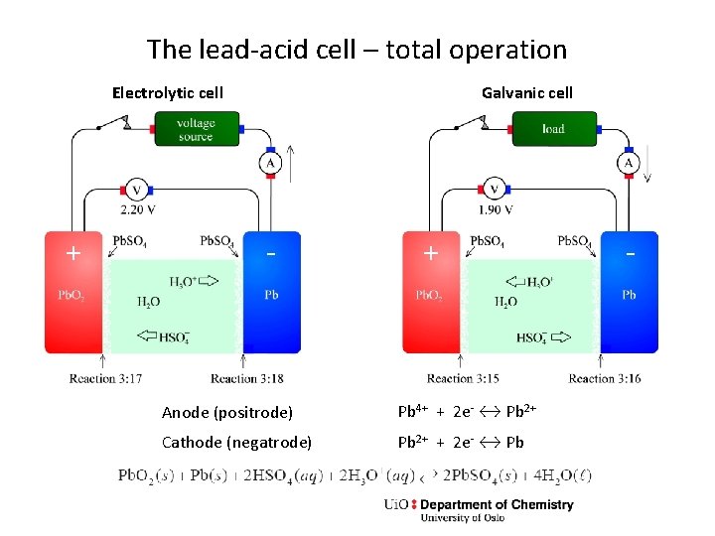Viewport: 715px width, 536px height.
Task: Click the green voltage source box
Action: click(197, 129)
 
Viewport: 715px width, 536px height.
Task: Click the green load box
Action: click(553, 129)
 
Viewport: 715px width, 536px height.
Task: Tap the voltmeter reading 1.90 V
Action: click(494, 190)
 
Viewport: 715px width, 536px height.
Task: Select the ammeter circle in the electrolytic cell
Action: click(270, 162)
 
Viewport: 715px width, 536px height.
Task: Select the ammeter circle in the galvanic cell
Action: click(628, 162)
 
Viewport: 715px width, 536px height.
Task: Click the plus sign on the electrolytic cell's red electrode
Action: click(72, 253)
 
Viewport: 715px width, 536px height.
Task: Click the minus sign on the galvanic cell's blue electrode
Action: click(629, 253)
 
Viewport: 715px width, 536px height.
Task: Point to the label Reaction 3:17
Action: click(106, 378)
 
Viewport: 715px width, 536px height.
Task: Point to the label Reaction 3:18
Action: click(247, 378)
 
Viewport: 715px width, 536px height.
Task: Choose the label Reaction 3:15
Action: click(464, 378)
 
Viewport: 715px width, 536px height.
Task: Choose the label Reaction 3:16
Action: click(605, 378)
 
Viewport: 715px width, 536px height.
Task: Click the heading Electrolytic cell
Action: click(167, 93)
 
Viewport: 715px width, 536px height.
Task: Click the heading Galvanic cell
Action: click(526, 93)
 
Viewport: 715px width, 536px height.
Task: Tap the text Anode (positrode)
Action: click(227, 412)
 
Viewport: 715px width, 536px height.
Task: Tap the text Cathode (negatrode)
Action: click(236, 442)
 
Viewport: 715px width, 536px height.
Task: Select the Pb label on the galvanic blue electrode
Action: click(629, 295)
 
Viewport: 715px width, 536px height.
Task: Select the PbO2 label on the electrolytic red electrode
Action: click(71, 296)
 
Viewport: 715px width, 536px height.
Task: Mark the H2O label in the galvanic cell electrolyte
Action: click(504, 303)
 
